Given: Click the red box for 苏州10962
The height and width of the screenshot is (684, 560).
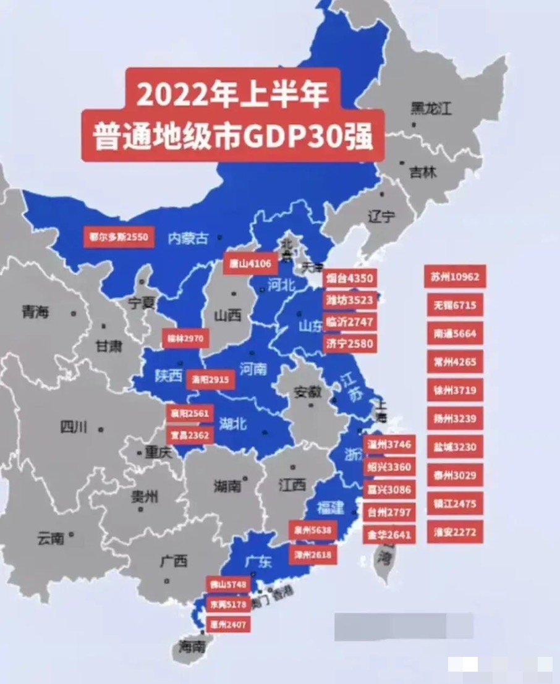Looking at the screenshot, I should pyautogui.click(x=455, y=277).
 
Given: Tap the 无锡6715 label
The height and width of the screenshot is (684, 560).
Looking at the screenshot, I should pyautogui.click(x=455, y=305).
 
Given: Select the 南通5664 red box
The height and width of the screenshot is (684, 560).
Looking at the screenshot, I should pyautogui.click(x=455, y=334).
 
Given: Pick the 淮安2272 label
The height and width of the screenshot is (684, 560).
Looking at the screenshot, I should pyautogui.click(x=455, y=532).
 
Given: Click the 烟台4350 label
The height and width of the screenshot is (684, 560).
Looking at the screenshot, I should pyautogui.click(x=350, y=279).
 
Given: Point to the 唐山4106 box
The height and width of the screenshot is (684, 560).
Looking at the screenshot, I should pyautogui.click(x=247, y=264).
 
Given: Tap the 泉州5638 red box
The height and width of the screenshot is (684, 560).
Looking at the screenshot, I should pyautogui.click(x=313, y=530).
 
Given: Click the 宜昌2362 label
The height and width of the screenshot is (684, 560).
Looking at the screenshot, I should pyautogui.click(x=190, y=435).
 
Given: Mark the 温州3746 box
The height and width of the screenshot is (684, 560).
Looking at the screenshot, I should pyautogui.click(x=389, y=444).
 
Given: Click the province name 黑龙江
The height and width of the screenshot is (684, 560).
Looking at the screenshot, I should pyautogui.click(x=431, y=110).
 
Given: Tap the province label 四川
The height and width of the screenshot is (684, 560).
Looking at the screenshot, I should pyautogui.click(x=74, y=427).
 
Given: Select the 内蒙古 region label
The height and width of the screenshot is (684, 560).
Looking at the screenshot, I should pyautogui.click(x=188, y=238).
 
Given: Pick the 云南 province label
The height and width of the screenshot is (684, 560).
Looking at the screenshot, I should pyautogui.click(x=50, y=538).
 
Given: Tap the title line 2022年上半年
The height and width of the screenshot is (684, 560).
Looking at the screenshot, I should pyautogui.click(x=232, y=95).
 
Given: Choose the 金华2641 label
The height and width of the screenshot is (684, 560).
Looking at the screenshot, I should pyautogui.click(x=389, y=534).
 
